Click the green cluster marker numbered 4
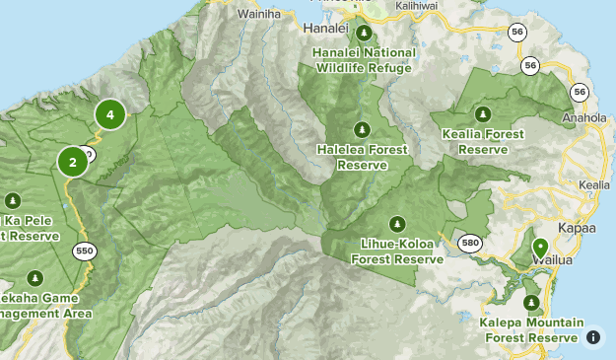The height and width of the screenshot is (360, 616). [x=110, y=115]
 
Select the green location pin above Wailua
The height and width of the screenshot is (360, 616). [x=539, y=248]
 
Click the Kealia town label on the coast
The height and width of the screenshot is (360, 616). [x=594, y=184]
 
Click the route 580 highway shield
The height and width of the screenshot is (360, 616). [x=470, y=242]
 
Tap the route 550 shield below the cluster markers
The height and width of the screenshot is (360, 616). [x=84, y=251]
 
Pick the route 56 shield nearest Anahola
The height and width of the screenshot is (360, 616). [x=579, y=92]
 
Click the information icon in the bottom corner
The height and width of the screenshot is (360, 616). [x=593, y=337]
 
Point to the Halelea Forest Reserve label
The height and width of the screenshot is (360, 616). [x=362, y=157]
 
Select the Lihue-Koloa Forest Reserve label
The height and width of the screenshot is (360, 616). [x=396, y=252]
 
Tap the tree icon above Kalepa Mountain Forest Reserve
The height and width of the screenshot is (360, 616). [x=532, y=303]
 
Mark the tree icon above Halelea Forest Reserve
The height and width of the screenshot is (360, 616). [x=362, y=129]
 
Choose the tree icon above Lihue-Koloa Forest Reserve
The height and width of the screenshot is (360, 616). [x=396, y=223]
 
